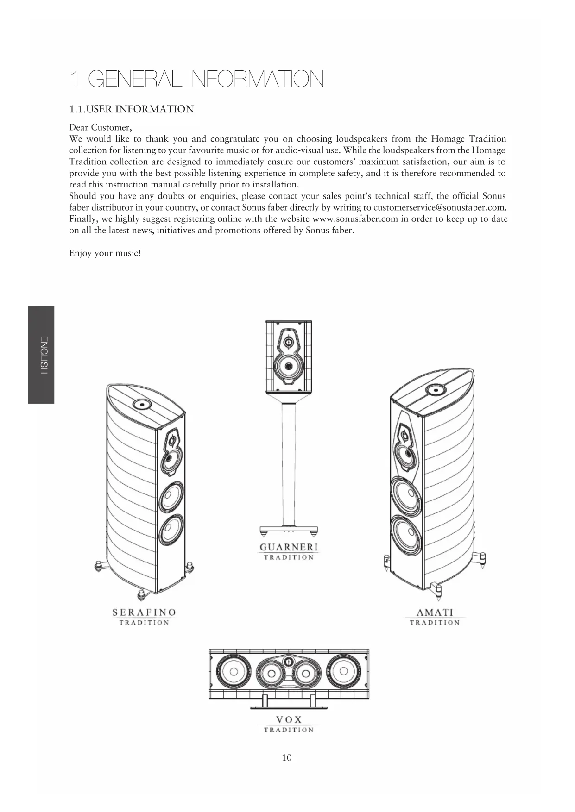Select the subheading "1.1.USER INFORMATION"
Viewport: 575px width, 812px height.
pyautogui.click(x=131, y=109)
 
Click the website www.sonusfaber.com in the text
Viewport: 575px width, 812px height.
pyautogui.click(x=355, y=219)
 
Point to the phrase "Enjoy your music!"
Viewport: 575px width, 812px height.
pyautogui.click(x=105, y=253)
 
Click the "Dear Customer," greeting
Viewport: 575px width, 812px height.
pyautogui.click(x=101, y=127)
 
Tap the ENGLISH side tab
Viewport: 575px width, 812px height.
pyautogui.click(x=42, y=355)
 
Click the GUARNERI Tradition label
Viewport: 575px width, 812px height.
pyautogui.click(x=289, y=551)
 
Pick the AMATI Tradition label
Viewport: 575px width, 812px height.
pyautogui.click(x=435, y=617)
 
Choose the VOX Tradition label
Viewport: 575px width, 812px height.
pyautogui.click(x=289, y=724)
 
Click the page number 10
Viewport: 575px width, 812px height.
pyautogui.click(x=287, y=757)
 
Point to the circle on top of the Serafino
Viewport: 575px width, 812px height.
pyautogui.click(x=141, y=405)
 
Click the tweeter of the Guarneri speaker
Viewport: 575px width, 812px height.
pyautogui.click(x=289, y=342)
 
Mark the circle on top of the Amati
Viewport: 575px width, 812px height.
pyautogui.click(x=434, y=390)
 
